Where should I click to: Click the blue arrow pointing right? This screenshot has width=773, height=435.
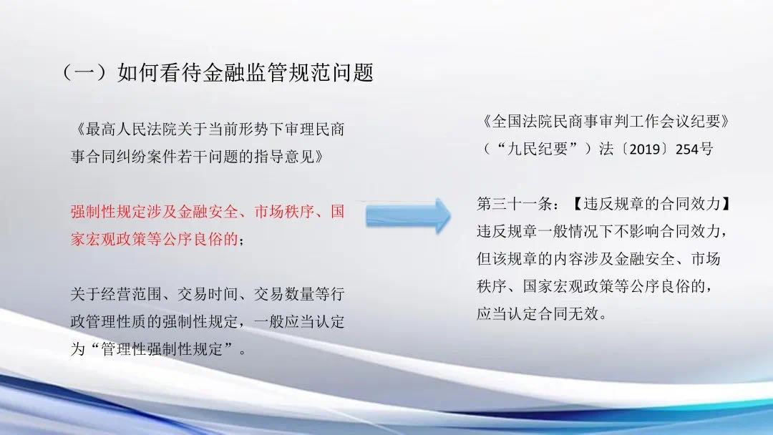click(x=408, y=216)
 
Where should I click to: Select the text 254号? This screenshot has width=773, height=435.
click(x=694, y=149)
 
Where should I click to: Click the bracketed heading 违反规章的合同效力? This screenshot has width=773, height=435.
click(x=652, y=203)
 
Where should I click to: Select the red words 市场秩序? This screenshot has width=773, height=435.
click(x=284, y=212)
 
